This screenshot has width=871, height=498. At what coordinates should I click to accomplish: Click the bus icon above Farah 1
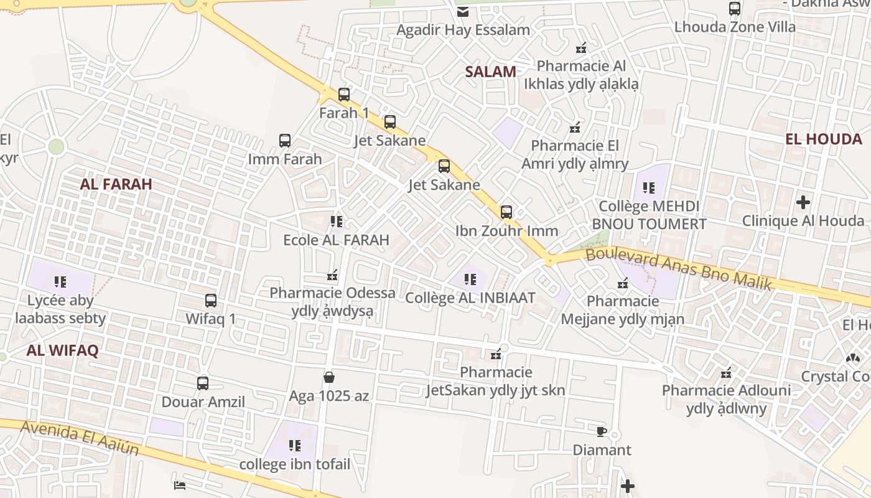point(343,95)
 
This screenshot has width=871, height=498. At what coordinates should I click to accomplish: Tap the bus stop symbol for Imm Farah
point(285,141)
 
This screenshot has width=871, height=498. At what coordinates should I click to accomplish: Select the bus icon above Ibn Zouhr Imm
point(506,212)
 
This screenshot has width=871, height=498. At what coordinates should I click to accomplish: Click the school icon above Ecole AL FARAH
point(337,222)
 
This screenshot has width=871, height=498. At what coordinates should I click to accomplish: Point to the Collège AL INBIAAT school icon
point(470,280)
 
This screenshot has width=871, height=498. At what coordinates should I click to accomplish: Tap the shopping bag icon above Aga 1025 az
point(329,377)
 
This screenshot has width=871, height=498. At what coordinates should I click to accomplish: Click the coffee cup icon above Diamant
point(601,431)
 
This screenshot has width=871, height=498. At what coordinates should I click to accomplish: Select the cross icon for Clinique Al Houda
point(803,202)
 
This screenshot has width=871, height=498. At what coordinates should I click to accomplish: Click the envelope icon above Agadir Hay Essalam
point(463,11)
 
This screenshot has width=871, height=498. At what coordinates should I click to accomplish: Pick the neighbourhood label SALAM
point(491,72)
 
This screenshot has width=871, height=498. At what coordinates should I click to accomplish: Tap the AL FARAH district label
point(116,184)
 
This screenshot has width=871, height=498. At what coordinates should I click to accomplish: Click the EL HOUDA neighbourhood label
point(823,139)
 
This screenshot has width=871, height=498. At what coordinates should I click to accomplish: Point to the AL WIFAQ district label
point(62,350)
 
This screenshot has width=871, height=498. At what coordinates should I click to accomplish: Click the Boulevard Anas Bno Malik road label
point(679,269)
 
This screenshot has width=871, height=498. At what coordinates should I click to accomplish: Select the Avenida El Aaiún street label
point(79,438)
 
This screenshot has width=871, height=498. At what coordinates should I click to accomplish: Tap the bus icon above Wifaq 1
point(211,301)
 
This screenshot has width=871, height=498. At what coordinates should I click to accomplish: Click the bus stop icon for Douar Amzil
point(203,383)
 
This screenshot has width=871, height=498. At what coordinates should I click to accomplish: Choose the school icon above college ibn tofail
point(295,446)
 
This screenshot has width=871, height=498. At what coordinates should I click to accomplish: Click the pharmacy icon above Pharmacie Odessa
point(332,275)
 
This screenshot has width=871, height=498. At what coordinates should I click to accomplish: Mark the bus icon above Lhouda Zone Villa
point(735,9)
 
